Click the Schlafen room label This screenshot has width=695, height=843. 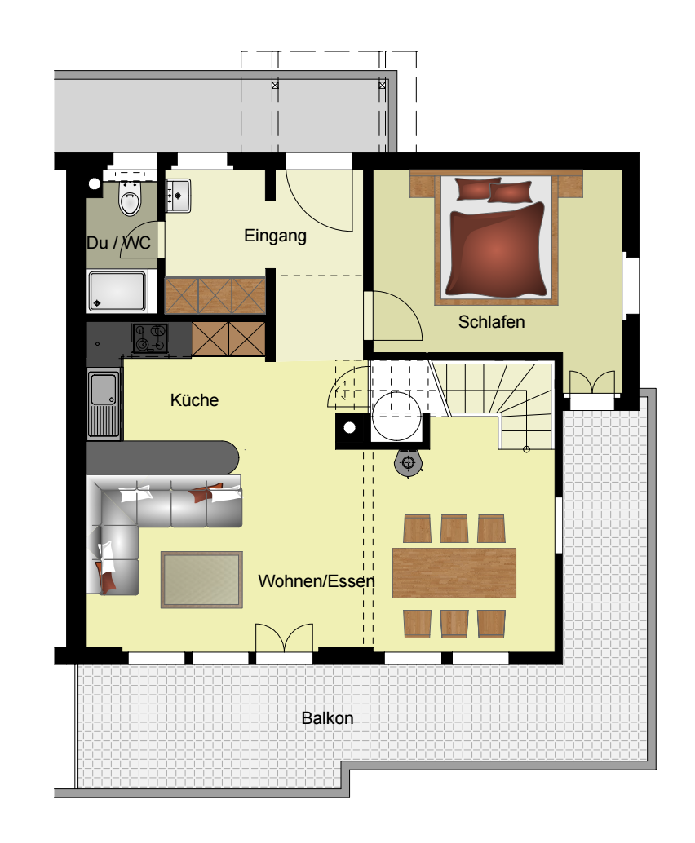click(491, 322)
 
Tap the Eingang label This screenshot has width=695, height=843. click(276, 236)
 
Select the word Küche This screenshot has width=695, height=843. click(194, 400)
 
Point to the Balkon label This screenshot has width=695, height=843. click(327, 718)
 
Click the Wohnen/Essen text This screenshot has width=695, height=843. click(317, 581)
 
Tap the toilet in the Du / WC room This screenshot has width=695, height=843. click(130, 198)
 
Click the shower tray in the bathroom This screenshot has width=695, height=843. click(117, 292)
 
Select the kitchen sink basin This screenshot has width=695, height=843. click(104, 389)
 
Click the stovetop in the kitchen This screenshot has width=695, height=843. click(150, 338)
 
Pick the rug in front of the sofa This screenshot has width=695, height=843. click(201, 580)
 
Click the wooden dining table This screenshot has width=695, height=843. click(454, 573)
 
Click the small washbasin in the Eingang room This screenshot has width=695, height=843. click(178, 196)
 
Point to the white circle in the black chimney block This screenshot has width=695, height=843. click(350, 428)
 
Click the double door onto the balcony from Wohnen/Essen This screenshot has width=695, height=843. click(284, 638)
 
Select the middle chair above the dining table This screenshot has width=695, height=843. click(454, 528)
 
